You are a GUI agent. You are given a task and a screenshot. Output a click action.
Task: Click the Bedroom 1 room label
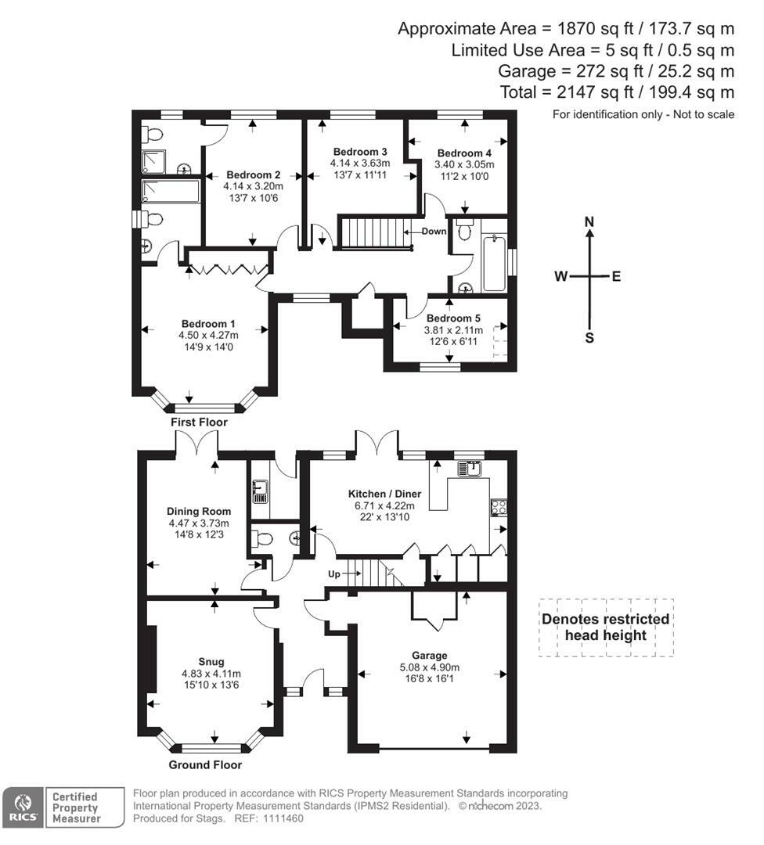208,324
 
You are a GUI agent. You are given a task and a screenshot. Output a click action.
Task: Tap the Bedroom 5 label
453,318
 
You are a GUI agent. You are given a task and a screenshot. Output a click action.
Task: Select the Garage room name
429,656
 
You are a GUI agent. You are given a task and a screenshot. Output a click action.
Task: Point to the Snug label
211,662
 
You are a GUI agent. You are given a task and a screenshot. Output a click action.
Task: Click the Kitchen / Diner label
384,494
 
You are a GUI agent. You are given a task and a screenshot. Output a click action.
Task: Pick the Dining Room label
199,512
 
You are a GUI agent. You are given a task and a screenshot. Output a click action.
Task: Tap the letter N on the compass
589,222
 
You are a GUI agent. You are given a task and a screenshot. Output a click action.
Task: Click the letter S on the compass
589,339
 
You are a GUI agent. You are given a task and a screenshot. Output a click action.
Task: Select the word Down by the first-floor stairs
434,231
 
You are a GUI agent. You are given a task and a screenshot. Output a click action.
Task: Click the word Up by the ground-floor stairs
334,574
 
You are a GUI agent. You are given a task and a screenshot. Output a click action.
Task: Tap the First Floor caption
199,422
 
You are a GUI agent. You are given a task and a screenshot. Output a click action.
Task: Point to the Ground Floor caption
205,764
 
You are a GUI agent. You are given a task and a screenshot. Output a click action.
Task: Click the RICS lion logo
23,807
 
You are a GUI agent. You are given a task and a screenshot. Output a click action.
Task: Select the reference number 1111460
283,818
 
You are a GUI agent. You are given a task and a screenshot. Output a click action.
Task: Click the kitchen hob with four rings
498,507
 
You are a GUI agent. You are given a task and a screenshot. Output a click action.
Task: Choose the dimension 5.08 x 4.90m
429,667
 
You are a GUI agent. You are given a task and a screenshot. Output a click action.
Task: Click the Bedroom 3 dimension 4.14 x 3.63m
360,164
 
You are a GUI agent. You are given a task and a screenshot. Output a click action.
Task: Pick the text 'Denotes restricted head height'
605,627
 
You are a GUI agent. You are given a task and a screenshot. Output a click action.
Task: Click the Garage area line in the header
616,71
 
